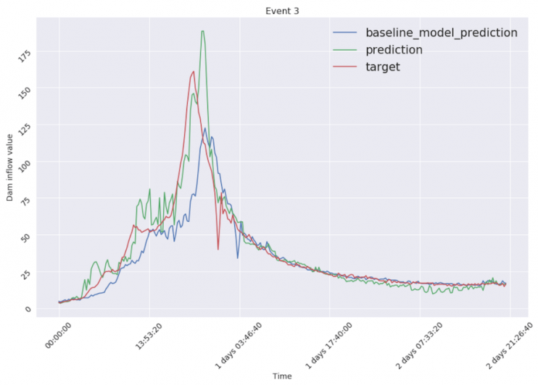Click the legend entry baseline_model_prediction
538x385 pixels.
[441, 33]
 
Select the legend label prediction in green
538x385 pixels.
[394, 50]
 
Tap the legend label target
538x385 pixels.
[382, 67]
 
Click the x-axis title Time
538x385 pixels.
[282, 376]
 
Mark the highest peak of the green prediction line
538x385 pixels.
[202, 31]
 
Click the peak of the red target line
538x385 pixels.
[194, 72]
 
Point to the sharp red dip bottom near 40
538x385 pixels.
[218, 249]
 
